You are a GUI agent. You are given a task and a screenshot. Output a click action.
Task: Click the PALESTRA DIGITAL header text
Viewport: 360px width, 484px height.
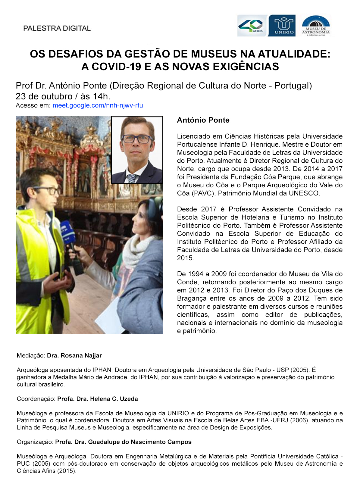click(57, 28)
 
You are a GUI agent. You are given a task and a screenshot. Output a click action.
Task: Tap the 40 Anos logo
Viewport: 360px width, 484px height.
click(252, 26)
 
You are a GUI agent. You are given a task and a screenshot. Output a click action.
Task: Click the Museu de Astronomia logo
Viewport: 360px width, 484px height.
click(316, 26)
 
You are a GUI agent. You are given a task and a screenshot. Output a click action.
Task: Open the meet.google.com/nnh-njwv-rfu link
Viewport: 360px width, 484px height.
click(98, 105)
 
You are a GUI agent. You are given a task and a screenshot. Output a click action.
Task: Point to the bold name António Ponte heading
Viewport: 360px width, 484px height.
click(203, 120)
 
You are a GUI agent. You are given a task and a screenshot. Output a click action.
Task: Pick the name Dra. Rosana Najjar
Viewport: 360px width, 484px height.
click(74, 355)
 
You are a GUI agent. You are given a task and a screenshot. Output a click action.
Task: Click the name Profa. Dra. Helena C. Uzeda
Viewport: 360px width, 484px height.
click(97, 399)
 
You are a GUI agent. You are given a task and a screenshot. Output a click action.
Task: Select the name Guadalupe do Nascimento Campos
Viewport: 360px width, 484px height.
click(139, 442)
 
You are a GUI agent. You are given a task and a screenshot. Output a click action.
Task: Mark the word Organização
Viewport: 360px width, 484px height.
click(35, 442)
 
